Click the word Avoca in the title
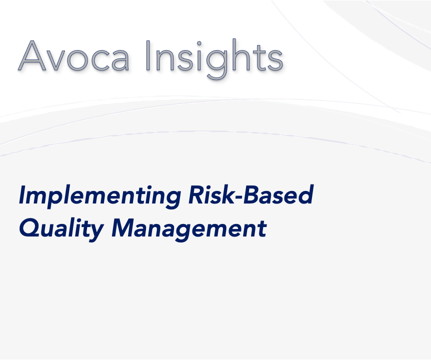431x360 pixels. pyautogui.click(x=73, y=56)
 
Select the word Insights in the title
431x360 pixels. pyautogui.click(x=214, y=59)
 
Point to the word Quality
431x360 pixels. pyautogui.click(x=61, y=229)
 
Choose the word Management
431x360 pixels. pyautogui.click(x=189, y=229)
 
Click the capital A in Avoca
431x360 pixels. pyautogui.click(x=32, y=56)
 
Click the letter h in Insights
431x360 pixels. pyautogui.click(x=242, y=55)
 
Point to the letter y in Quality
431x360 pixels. pyautogui.click(x=95, y=232)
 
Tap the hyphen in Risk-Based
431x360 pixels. pyautogui.click(x=238, y=195)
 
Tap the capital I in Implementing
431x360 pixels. pyautogui.click(x=24, y=194)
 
